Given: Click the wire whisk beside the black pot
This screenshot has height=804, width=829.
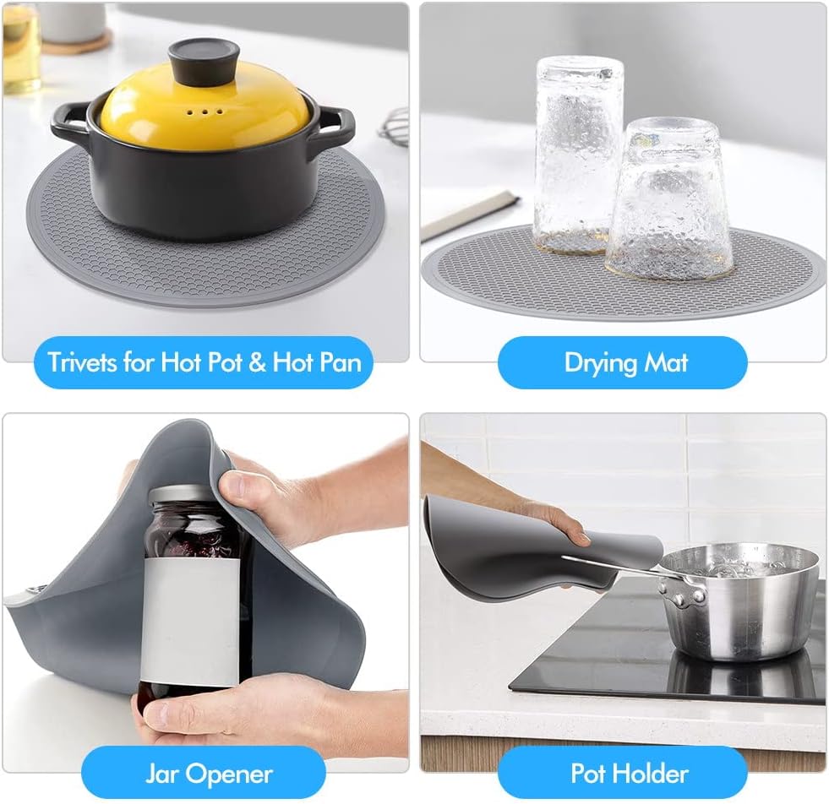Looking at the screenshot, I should [x=395, y=127].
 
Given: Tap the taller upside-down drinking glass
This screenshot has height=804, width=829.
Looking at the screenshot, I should [x=578, y=152].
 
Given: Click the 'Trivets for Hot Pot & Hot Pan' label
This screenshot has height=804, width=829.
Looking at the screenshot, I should [x=204, y=363].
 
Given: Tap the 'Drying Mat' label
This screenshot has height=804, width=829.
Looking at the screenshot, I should [x=625, y=363].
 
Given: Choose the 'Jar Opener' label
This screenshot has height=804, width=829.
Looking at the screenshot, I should [x=208, y=773].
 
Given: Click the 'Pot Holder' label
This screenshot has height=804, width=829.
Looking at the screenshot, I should [x=629, y=773].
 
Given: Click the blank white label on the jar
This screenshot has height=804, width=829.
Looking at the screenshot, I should [x=189, y=621].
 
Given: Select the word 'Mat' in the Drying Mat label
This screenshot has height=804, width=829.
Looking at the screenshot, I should [x=665, y=363].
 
